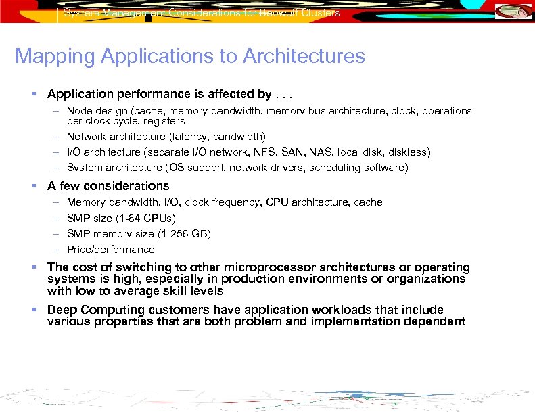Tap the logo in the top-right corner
[x=513, y=12]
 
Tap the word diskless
[x=409, y=152]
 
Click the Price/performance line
[x=110, y=249]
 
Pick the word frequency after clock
[x=236, y=202]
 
